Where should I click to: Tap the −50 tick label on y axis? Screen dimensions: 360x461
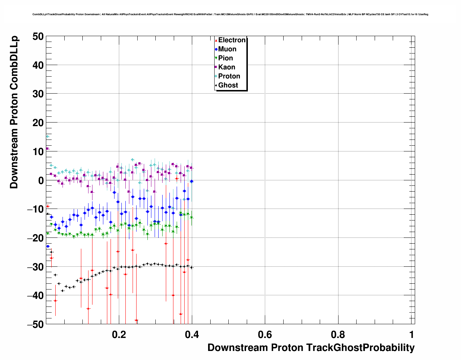35,324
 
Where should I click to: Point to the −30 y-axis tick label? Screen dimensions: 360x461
35,267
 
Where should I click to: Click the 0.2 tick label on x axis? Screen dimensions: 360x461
119,334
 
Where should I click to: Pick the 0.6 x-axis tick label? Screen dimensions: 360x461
265,334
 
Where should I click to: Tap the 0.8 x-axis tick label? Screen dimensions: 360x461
338,334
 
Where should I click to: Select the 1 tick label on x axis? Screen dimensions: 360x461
412,334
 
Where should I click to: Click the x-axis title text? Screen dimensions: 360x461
311,348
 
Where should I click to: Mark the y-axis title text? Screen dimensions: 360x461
14,112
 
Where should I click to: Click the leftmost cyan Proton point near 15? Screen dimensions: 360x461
47,137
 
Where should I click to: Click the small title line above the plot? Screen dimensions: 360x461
230,14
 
